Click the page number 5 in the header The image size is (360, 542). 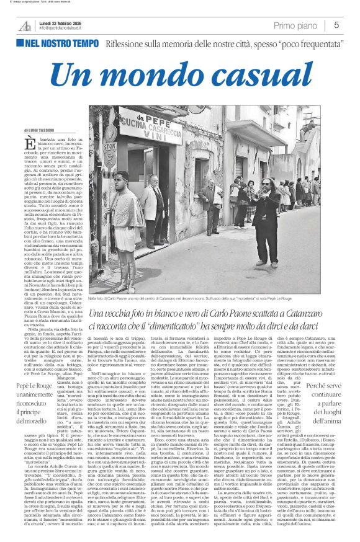336,25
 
